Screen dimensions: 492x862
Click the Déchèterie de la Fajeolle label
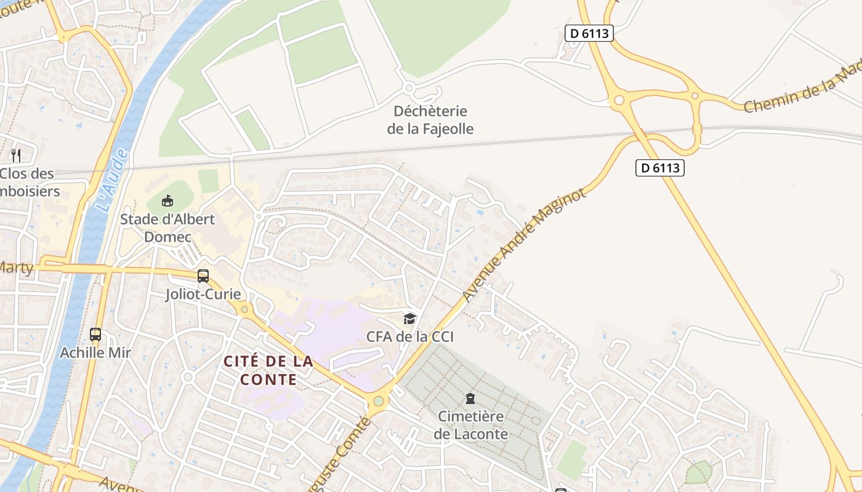pos(430,120)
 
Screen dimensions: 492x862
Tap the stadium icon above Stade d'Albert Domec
pos(167,200)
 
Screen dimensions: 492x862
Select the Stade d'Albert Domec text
pos(167,228)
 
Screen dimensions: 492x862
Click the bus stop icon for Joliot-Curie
pos(203,276)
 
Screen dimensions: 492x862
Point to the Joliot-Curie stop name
pos(203,294)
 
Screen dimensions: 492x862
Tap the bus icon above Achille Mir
pos(95,335)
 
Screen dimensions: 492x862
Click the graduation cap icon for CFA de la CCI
pos(409,319)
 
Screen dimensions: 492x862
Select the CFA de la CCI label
pos(409,336)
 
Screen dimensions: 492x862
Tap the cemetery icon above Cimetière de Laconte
pos(470,399)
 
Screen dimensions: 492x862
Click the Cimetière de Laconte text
pos(471,425)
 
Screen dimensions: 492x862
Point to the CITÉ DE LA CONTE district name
pos(268,370)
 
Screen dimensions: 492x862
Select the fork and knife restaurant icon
pos(16,156)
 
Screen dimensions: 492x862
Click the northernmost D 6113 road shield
pos(589,33)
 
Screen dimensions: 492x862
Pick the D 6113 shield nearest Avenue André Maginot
pos(660,167)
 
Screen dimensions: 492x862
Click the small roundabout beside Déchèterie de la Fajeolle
pos(408,89)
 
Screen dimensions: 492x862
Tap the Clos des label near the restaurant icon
pos(28,173)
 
